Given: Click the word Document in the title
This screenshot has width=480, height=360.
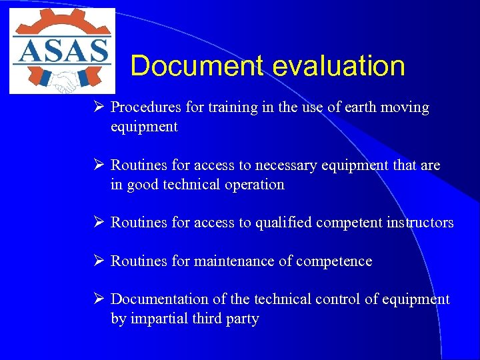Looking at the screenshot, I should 198,67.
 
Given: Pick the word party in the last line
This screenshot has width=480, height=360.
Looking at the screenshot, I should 241,319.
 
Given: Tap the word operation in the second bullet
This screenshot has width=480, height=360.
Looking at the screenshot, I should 253,184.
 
